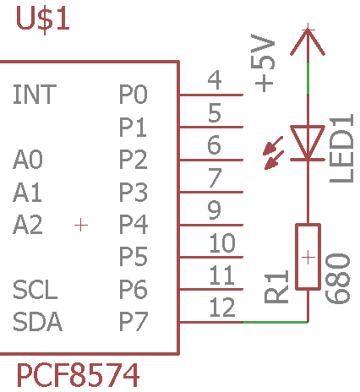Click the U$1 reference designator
pyautogui.click(x=43, y=19)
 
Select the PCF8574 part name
pyautogui.click(x=78, y=375)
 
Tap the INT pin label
pyautogui.click(x=35, y=94)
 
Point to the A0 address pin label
pyautogui.click(x=28, y=160)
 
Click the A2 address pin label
pyautogui.click(x=28, y=225)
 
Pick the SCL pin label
pyautogui.click(x=35, y=290)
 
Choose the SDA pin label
pyautogui.click(x=37, y=322)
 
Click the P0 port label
pyautogui.click(x=134, y=94)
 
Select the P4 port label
pyautogui.click(x=134, y=225)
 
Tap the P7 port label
pyautogui.click(x=134, y=322)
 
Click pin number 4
pyautogui.click(x=215, y=80)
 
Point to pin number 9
pyautogui.click(x=215, y=210)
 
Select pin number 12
pyautogui.click(x=222, y=308)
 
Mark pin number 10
pyautogui.click(x=222, y=242)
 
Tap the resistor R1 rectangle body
pyautogui.click(x=308, y=257)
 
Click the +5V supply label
pyautogui.click(x=263, y=63)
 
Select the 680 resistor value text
pyautogui.click(x=337, y=279)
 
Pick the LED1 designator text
pyautogui.click(x=341, y=149)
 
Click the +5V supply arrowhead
pyautogui.click(x=308, y=41)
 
